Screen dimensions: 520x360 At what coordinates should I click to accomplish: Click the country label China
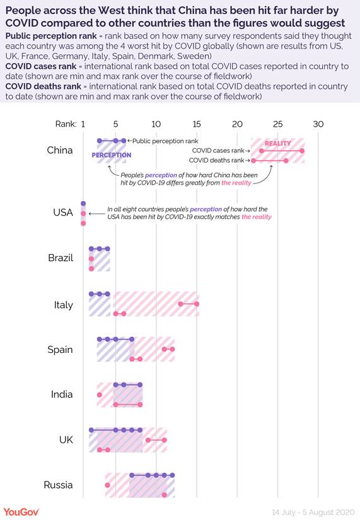coord(60,150)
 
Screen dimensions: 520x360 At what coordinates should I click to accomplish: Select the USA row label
coord(62,212)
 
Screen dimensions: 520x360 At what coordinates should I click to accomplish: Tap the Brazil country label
coord(61,258)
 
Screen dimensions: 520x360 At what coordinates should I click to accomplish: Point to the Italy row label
coord(63,304)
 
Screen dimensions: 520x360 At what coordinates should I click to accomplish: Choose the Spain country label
coord(61,349)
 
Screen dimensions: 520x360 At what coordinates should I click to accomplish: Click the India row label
coord(62,395)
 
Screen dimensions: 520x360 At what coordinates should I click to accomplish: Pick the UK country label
coord(66,439)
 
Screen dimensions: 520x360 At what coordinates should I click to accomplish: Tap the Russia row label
coord(58,485)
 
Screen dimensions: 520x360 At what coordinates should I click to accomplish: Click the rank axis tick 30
coord(318,124)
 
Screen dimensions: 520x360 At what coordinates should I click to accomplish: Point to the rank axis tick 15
coord(196,124)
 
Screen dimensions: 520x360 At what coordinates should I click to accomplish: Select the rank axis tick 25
coord(277,124)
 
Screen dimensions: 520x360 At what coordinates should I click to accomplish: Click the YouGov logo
coord(21,511)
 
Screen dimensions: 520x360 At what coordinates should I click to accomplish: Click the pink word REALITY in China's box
coord(277,143)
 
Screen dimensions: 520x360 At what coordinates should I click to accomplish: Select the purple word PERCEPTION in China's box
coord(111,155)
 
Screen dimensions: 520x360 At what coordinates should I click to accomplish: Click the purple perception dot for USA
coord(83,204)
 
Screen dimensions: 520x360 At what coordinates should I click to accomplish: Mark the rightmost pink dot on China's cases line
coord(302,151)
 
